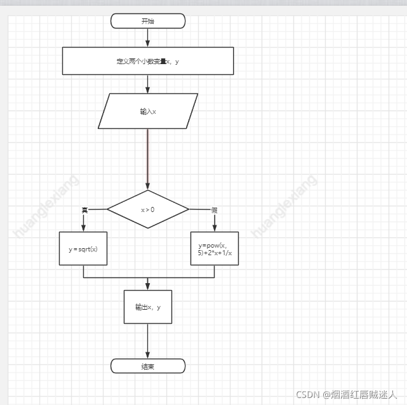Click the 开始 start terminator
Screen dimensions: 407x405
pos(148,21)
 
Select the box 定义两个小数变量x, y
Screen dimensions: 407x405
pos(148,61)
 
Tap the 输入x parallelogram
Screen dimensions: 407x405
pos(148,111)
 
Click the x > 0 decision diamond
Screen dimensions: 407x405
pos(148,209)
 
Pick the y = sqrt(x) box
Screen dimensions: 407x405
pos(83,249)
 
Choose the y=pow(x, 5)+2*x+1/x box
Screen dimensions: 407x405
pos(215,248)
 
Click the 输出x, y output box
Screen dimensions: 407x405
pos(148,307)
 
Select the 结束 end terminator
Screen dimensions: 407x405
pos(148,366)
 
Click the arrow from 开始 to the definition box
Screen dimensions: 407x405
pos(148,37)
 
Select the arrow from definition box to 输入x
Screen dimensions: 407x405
pos(148,84)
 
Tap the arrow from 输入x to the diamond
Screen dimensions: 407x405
pos(148,159)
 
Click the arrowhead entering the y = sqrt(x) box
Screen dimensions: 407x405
pos(83,228)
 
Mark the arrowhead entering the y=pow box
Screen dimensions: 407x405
pos(215,228)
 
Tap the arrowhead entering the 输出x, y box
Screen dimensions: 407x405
pos(148,286)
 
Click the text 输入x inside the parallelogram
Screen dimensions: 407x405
pos(148,111)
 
